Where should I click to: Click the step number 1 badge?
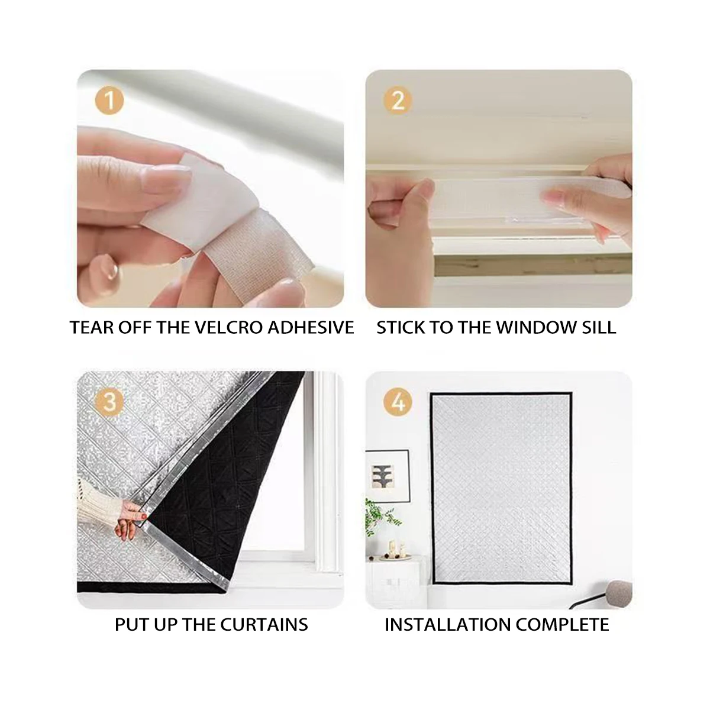click(109, 100)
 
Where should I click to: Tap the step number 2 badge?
click(398, 100)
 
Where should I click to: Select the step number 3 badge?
click(109, 402)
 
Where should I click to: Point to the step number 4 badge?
click(398, 402)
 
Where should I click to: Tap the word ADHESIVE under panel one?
click(311, 328)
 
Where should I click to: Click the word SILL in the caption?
click(599, 328)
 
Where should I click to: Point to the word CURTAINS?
click(264, 625)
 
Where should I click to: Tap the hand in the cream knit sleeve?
click(130, 520)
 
